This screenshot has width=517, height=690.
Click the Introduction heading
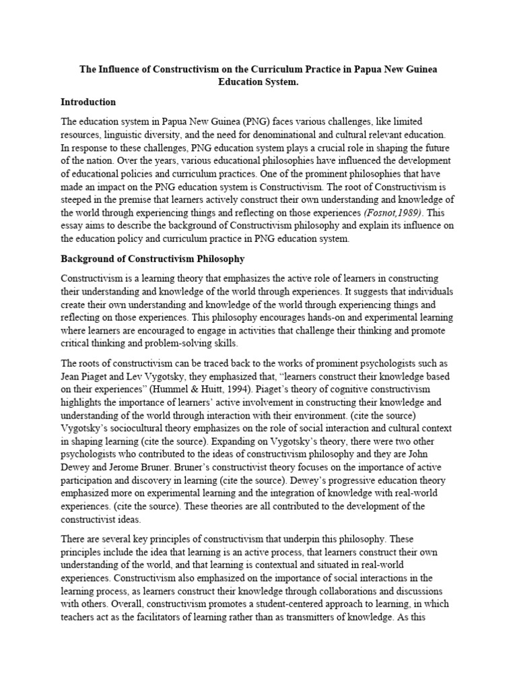88,102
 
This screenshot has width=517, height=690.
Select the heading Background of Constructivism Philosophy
153,259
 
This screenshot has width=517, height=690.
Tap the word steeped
79,200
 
